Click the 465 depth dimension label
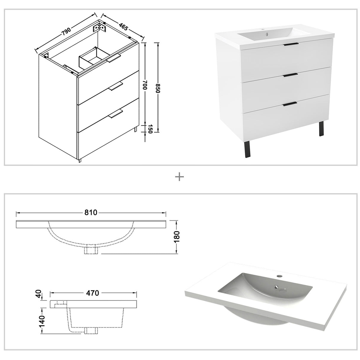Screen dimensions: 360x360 (x=123, y=26)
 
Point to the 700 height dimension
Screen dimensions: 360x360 (x=145, y=87)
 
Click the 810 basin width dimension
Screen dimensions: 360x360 (x=91, y=213)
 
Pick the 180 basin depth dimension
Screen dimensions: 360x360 (x=177, y=237)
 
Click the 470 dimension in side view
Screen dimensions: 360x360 (x=93, y=293)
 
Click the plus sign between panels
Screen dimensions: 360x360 (x=179, y=177)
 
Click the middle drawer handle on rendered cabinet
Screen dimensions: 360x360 (x=290, y=75)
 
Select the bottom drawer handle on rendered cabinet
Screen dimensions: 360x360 (x=290, y=103)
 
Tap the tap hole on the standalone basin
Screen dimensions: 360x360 (x=279, y=276)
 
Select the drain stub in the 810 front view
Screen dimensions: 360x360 (x=91, y=250)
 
